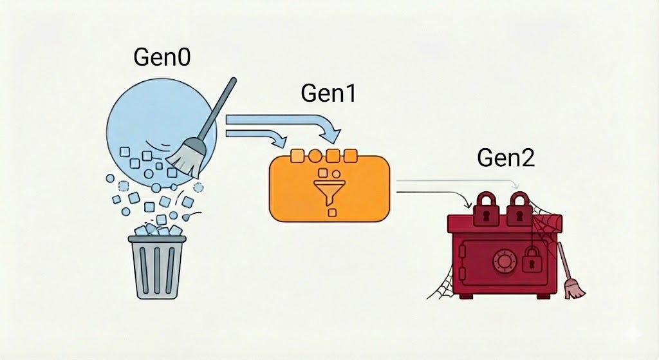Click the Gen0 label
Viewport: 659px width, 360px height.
162,57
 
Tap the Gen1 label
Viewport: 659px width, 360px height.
328,93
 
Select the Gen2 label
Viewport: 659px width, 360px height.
506,158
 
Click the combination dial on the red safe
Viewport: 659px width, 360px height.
503,261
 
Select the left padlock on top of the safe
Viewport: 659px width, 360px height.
486,209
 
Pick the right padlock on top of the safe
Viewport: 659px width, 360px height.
519,209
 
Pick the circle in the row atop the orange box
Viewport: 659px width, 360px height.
315,156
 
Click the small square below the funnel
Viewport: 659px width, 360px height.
332,213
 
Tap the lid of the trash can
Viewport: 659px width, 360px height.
157,239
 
